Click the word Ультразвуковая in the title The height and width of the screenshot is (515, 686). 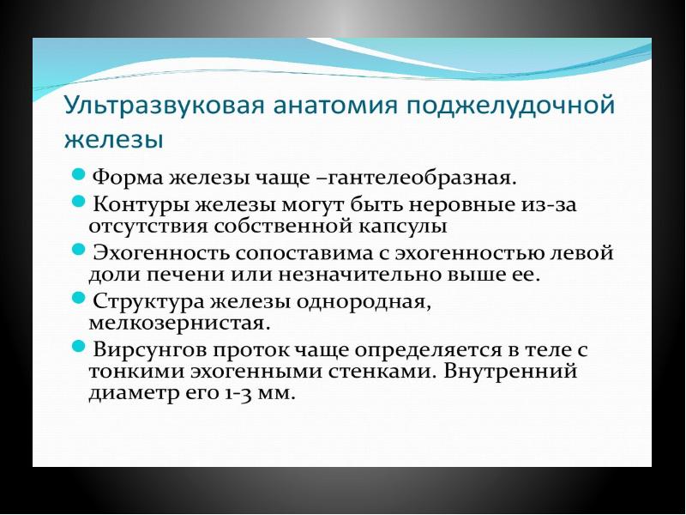tap(164, 106)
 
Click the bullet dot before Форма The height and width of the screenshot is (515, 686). tap(77, 175)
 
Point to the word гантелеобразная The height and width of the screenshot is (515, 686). tap(417, 179)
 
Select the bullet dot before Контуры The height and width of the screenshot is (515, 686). tap(77, 201)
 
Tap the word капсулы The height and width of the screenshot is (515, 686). tap(402, 227)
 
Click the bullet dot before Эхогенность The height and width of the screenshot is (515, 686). tap(77, 249)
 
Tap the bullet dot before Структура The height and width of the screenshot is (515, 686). tap(77, 298)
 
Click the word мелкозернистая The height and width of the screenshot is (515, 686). tap(179, 324)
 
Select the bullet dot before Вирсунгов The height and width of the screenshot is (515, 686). tap(77, 346)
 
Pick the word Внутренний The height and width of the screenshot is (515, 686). tap(510, 372)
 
